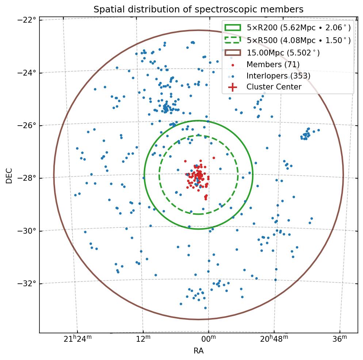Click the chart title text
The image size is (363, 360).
198,9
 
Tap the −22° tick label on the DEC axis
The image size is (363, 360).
28,19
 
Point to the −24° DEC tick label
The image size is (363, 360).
28,73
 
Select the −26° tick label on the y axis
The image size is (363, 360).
28,126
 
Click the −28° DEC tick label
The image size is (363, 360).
28,178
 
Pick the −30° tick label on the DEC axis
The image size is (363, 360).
28,231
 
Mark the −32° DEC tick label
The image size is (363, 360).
28,284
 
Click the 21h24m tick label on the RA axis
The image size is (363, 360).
77,340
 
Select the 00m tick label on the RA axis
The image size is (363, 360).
209,340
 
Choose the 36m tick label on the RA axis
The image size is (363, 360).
340,340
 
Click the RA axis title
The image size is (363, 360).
198,351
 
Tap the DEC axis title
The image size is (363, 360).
9,176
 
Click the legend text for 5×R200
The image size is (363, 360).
298,28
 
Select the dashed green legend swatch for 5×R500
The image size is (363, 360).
233,39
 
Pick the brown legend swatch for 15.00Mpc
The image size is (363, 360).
233,53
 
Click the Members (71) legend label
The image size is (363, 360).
273,65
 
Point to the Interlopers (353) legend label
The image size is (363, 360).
278,76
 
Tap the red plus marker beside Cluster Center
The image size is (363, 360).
233,87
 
